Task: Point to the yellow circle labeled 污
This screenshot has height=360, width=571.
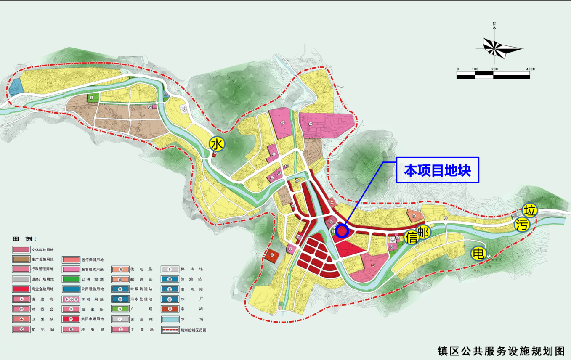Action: coord(522,225)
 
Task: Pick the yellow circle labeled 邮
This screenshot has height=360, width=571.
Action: coord(423,232)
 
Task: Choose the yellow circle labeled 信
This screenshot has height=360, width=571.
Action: coord(411,237)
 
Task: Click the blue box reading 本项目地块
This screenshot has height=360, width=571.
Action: coord(438,170)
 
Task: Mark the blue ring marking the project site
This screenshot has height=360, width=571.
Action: coord(342,230)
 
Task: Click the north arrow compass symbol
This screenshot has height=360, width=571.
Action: coord(494,45)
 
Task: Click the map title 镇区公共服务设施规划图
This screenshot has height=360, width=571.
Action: coord(501,350)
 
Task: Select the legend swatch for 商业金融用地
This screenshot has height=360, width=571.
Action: coord(21,289)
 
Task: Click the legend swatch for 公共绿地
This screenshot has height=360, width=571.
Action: coord(70,279)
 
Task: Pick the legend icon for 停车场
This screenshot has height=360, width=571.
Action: coord(169,269)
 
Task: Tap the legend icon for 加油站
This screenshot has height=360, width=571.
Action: coord(169,279)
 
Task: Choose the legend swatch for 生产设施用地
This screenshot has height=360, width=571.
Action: coord(21,259)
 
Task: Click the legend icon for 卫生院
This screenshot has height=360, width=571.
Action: coord(21,319)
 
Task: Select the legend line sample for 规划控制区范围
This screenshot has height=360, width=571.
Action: coord(169,330)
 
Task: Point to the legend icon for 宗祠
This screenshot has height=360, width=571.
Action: coord(169,310)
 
